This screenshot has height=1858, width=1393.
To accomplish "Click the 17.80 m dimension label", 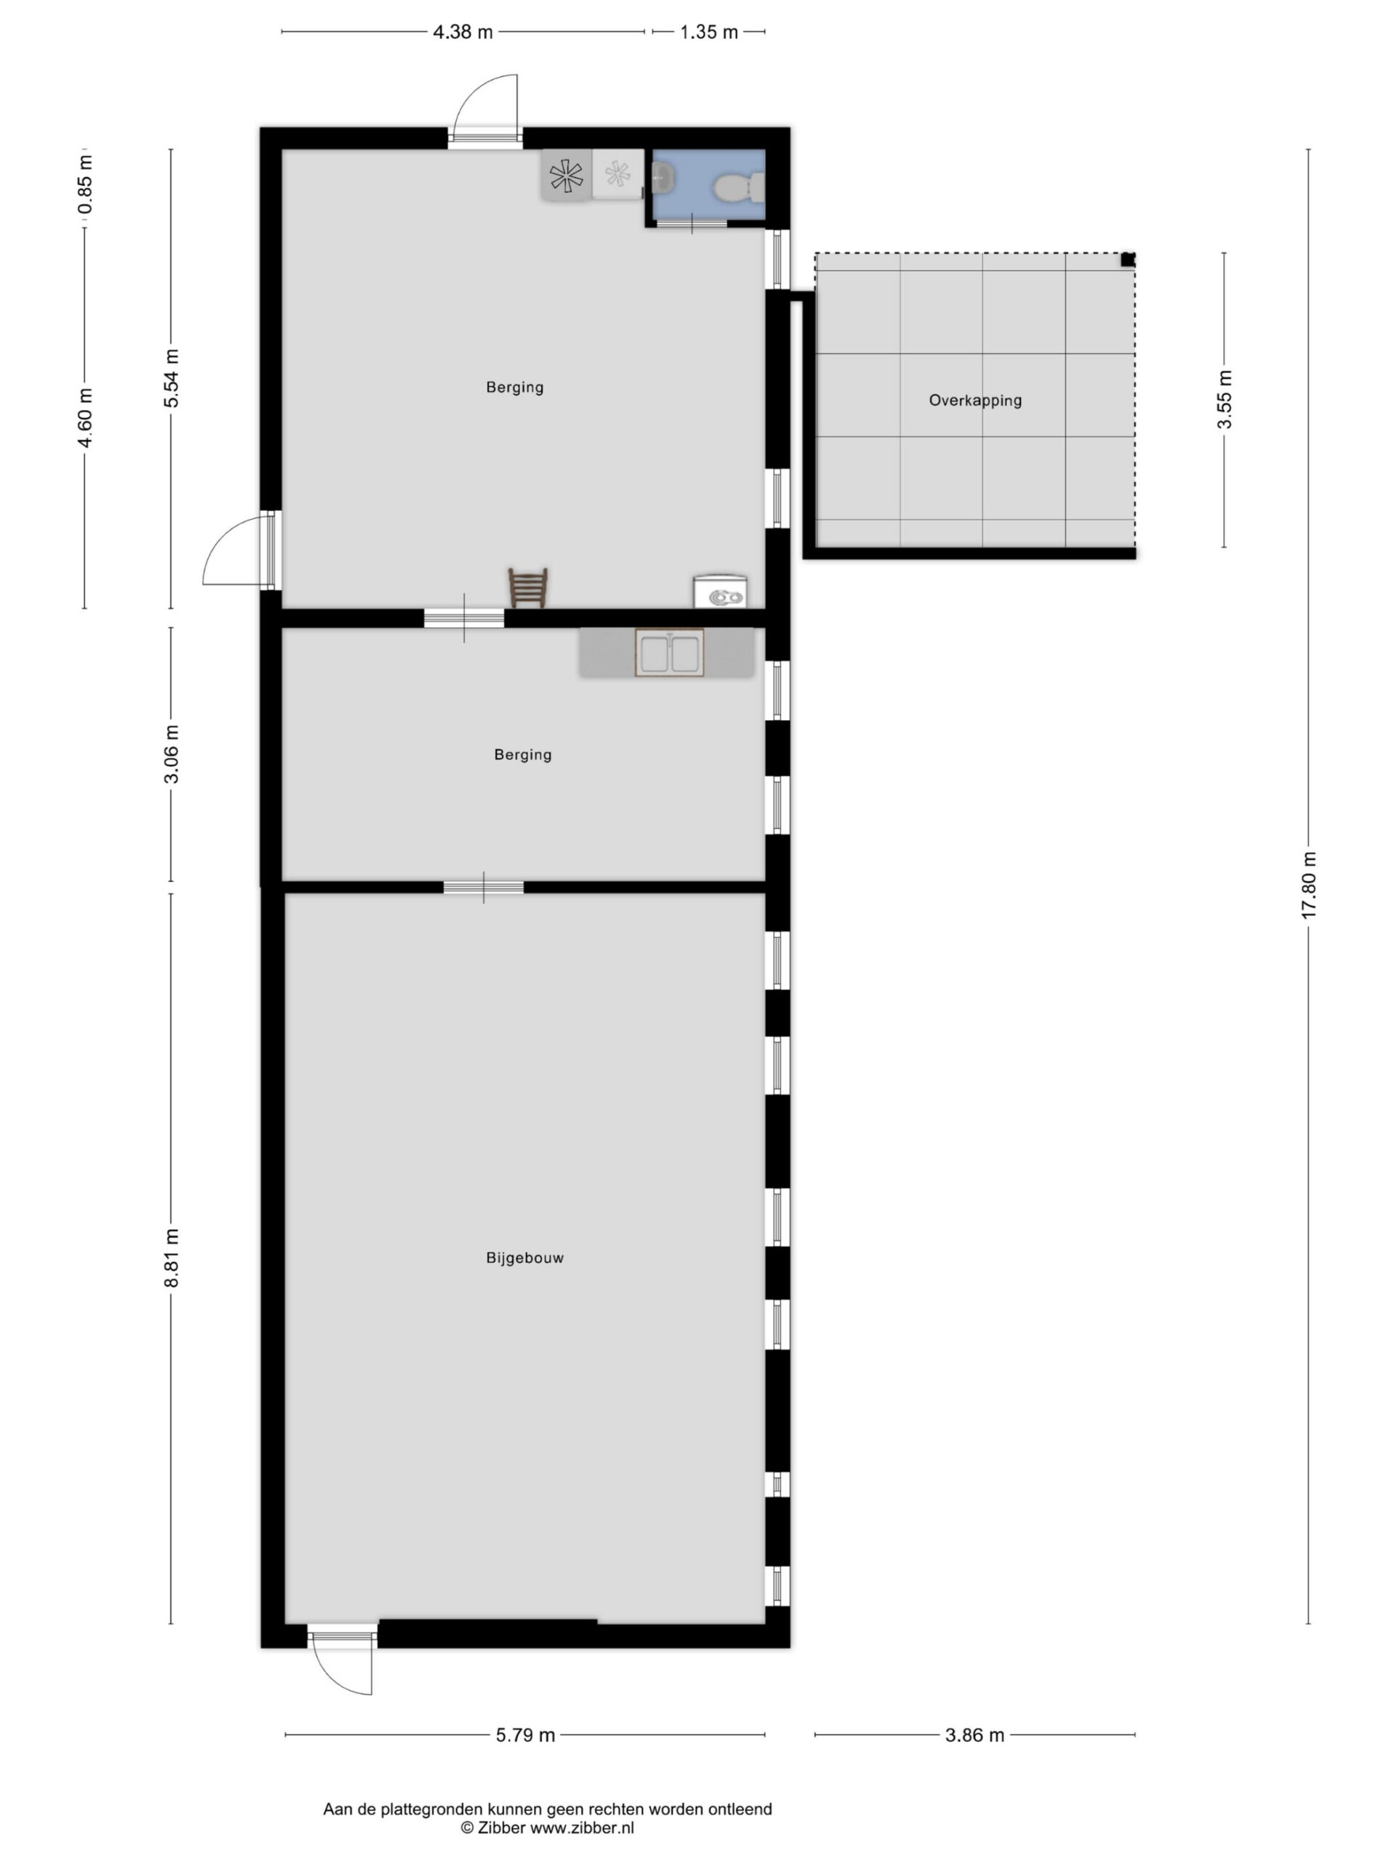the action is pyautogui.click(x=1308, y=885).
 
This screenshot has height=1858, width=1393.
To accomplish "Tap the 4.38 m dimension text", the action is pyautogui.click(x=463, y=32).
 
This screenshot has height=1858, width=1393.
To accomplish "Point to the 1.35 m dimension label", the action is pyautogui.click(x=709, y=32).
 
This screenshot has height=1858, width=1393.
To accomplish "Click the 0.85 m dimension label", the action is pyautogui.click(x=85, y=185).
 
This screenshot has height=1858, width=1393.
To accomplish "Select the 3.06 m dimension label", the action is pyautogui.click(x=171, y=753).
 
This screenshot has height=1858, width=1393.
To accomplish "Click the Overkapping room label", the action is pyautogui.click(x=975, y=401).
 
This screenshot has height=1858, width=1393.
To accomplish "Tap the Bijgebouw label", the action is pyautogui.click(x=525, y=1258).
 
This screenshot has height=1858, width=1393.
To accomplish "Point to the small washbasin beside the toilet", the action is pyautogui.click(x=663, y=177).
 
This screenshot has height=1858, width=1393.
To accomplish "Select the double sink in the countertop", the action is pyautogui.click(x=669, y=652).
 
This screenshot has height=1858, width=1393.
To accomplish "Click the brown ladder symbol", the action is pyautogui.click(x=528, y=587).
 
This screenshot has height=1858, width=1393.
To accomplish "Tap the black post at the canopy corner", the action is pyautogui.click(x=1127, y=260).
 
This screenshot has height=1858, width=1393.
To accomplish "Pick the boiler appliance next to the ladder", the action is pyautogui.click(x=720, y=591).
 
